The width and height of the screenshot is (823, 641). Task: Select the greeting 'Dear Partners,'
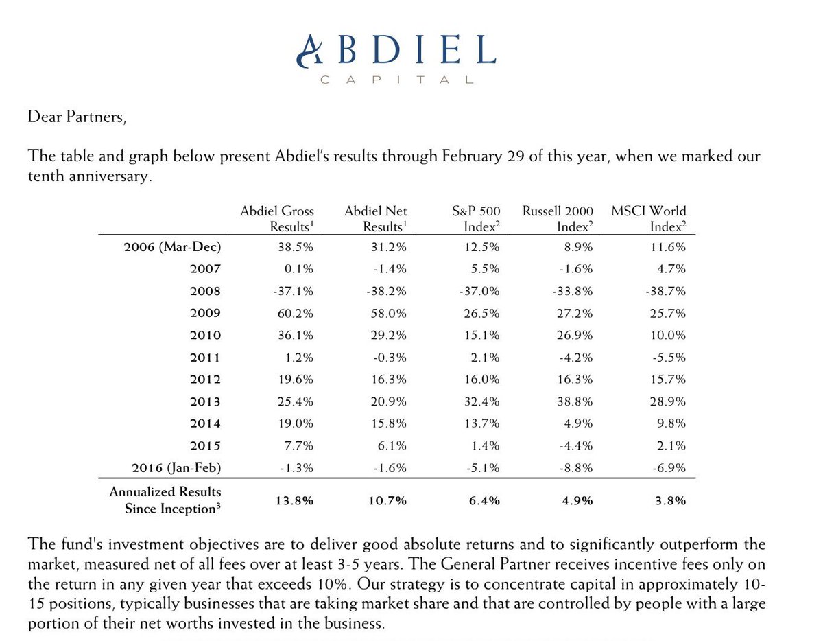(x=77, y=117)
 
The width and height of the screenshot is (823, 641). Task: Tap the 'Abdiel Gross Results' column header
(x=276, y=219)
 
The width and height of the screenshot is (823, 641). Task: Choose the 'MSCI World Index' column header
(x=648, y=219)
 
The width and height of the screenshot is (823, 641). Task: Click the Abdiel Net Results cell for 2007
(x=390, y=268)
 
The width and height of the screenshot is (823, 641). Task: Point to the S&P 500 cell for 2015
(x=485, y=446)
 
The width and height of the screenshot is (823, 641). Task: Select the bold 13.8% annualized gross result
(x=295, y=500)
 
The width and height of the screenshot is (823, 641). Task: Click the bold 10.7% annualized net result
(x=388, y=500)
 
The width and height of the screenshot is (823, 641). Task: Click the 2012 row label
(x=205, y=380)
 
